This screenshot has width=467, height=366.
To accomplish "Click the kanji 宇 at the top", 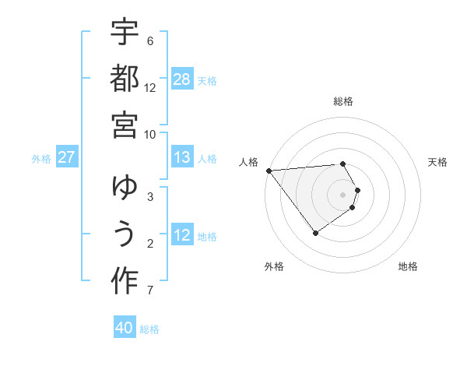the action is (x=125, y=33).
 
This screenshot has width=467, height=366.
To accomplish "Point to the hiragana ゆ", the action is (x=125, y=188).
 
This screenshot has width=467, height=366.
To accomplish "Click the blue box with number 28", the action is (x=182, y=79).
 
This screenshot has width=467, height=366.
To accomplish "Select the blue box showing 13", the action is (x=182, y=157).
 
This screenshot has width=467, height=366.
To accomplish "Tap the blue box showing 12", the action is (x=182, y=235).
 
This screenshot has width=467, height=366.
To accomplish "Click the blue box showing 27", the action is (x=66, y=157).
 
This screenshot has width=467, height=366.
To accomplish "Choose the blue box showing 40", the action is (x=125, y=328).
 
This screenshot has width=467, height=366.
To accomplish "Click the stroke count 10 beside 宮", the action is (x=151, y=134).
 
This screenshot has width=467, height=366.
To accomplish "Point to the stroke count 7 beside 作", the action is (x=150, y=291).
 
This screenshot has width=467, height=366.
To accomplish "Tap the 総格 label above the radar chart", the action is (x=343, y=101).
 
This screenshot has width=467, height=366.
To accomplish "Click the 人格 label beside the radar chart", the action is (x=248, y=162).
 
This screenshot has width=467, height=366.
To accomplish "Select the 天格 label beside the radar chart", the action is (x=438, y=162).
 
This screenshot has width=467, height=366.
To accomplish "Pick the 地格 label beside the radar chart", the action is (x=408, y=266).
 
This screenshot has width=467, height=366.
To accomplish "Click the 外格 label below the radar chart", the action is (x=274, y=266).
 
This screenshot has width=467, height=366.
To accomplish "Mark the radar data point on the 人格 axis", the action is (x=269, y=170).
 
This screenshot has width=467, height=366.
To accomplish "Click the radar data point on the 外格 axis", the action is (x=315, y=233).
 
